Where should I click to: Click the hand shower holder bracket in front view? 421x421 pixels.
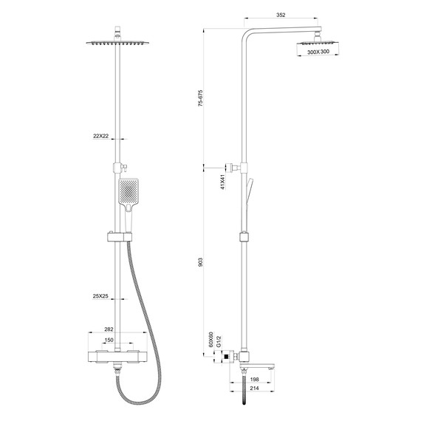[117, 236]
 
